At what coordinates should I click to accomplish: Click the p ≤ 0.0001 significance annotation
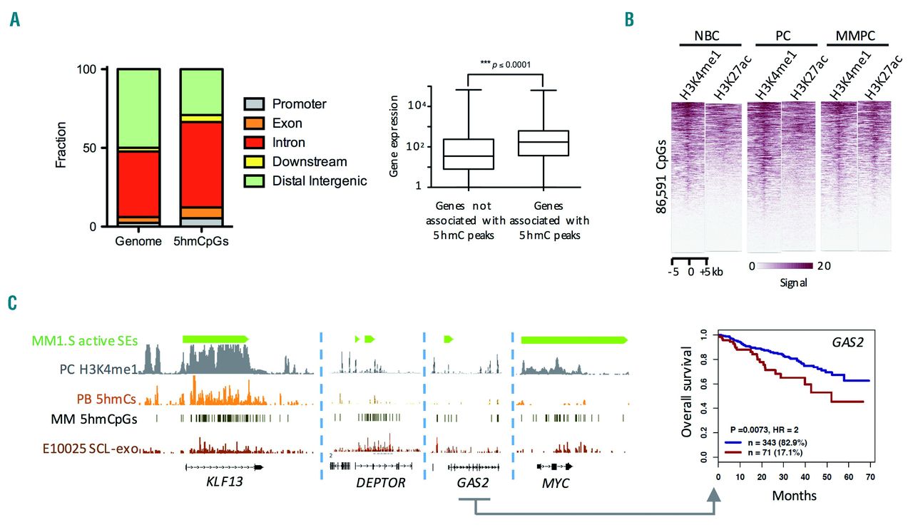[507, 64]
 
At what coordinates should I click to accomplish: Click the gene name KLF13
[224, 484]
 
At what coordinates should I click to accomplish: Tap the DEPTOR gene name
[380, 484]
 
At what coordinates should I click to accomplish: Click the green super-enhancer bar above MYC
[574, 340]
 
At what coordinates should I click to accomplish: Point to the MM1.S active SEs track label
[83, 341]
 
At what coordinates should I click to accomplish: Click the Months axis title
[793, 495]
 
